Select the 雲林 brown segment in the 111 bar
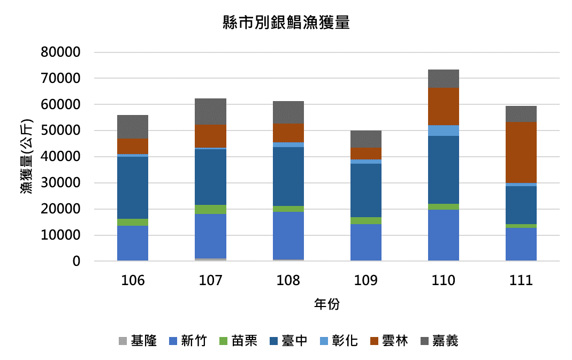pos(521,152)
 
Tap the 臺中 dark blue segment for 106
pos(133,188)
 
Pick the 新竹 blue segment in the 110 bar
pos(444,235)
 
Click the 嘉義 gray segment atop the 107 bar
pos(210,111)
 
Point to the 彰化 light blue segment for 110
pos(444,130)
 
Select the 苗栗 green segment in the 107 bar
pos(210,209)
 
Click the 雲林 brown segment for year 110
pos(444,106)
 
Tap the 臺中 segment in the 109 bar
pos(366,190)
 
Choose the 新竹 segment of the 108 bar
pos(288,235)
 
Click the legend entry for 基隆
pos(138,341)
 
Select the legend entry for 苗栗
pos(239,341)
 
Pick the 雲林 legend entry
pos(389,341)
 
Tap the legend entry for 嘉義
pos(439,341)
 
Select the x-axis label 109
pos(366,280)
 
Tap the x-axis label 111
pos(521,280)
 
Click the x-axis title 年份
pos(326,304)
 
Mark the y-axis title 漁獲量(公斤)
pos(27,157)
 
